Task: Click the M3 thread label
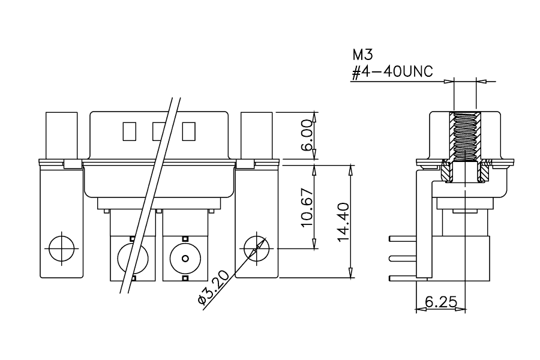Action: coord(362,55)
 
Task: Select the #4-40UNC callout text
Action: coord(392,72)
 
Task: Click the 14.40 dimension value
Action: coord(344,222)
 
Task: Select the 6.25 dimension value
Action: coord(441,302)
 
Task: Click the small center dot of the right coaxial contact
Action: coord(185,258)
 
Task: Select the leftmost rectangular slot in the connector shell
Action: coord(130,131)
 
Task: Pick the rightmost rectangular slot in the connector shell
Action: coord(189,131)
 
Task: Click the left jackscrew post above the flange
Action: coord(62,136)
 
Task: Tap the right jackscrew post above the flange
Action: coord(257,136)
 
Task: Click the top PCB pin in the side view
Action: coord(403,239)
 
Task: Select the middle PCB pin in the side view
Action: coord(403,258)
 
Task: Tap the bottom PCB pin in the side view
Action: coord(403,278)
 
